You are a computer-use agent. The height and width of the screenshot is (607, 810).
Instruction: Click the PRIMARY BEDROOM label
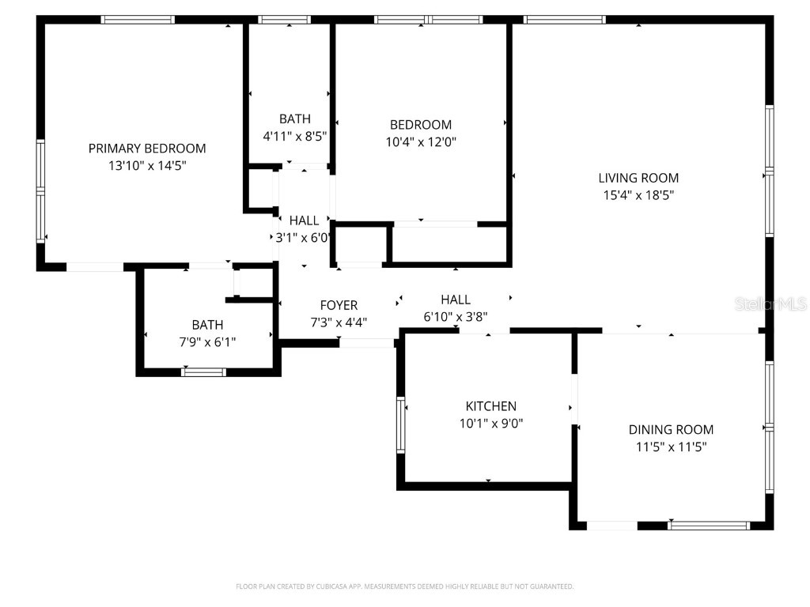click(147, 149)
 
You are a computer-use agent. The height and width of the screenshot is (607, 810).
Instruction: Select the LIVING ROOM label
click(638, 179)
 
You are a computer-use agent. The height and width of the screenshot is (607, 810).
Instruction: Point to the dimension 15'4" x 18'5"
click(638, 194)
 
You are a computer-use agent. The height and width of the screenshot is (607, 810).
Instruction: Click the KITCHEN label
click(490, 406)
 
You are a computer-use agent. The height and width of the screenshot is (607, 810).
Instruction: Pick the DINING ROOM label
click(671, 430)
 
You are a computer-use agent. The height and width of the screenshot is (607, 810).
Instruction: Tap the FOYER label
click(339, 305)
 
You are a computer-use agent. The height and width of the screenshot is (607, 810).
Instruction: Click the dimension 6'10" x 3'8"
click(455, 316)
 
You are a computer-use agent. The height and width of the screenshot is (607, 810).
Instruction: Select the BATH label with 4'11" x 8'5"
click(294, 119)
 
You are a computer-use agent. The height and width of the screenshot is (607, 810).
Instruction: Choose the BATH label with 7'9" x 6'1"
click(207, 325)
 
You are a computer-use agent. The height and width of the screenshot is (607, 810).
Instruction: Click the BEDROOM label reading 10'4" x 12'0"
click(421, 125)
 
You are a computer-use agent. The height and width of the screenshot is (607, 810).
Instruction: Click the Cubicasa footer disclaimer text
click(405, 586)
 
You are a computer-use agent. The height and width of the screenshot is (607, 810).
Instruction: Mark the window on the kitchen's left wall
click(401, 424)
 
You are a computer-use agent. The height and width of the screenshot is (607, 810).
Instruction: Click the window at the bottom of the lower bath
click(204, 371)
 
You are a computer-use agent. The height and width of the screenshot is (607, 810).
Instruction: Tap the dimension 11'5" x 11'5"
click(671, 447)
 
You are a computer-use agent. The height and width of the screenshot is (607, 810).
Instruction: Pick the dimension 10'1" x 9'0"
click(490, 423)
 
